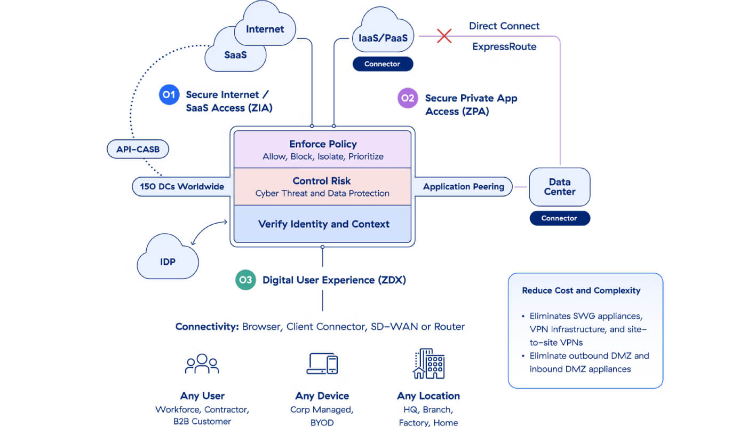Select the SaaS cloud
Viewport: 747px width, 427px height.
(235, 55)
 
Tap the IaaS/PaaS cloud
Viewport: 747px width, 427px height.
(383, 33)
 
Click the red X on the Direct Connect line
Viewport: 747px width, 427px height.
(444, 36)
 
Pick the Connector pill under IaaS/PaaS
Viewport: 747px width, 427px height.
(383, 64)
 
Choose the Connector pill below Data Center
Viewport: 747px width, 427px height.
(560, 218)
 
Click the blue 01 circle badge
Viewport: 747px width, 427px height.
(169, 95)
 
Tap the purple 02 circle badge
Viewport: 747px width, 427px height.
(408, 98)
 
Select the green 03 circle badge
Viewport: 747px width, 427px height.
(245, 280)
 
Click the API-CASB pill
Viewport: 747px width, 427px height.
(138, 149)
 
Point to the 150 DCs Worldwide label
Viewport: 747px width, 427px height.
(182, 186)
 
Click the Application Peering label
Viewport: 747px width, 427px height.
(464, 186)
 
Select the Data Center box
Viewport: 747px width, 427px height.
(560, 187)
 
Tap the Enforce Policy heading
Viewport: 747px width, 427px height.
(323, 144)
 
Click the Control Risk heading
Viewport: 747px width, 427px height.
(321, 181)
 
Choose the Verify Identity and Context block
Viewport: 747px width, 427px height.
(322, 224)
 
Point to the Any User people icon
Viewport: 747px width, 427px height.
(202, 363)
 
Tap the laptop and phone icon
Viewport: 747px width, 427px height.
(322, 363)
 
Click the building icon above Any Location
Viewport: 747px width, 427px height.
(429, 363)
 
